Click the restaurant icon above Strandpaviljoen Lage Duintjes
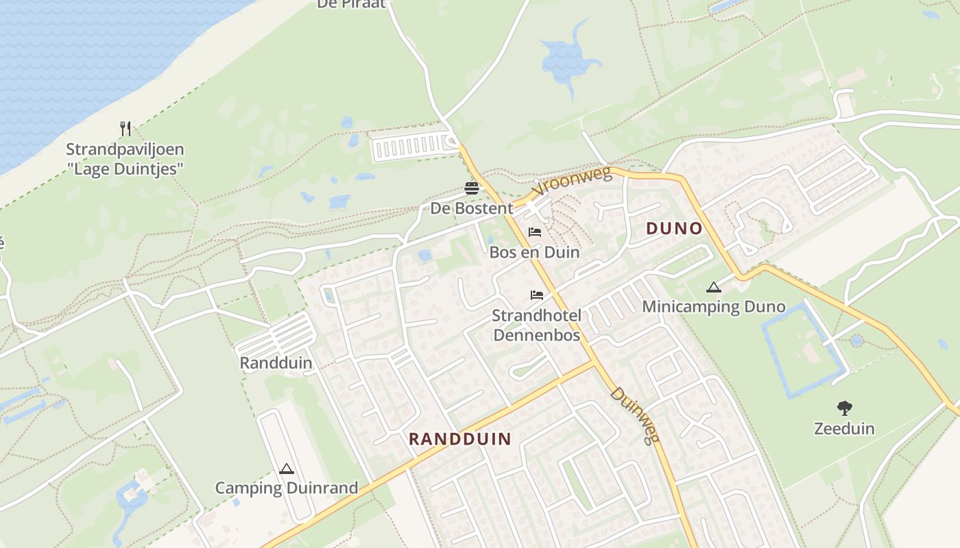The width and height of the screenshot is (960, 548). click(125, 128)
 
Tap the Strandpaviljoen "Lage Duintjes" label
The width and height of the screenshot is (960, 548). click(125, 159)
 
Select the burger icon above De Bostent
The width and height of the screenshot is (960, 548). click(472, 188)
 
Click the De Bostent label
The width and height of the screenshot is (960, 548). click(472, 208)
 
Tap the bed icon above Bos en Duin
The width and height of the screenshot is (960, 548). click(535, 232)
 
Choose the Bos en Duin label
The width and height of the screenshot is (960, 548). click(534, 252)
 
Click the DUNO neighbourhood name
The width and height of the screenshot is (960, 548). click(675, 229)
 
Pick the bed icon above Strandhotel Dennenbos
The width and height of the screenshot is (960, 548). click(537, 295)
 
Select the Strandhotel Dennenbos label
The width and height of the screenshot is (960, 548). click(537, 325)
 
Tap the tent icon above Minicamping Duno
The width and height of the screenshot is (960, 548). click(714, 287)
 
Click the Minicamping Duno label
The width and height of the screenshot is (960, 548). click(714, 306)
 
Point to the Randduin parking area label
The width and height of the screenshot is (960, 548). click(276, 363)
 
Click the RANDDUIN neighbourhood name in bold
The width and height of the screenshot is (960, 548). click(460, 439)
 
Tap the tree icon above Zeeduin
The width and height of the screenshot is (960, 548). click(844, 408)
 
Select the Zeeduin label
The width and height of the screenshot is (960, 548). click(844, 429)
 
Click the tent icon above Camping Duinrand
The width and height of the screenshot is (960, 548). click(287, 469)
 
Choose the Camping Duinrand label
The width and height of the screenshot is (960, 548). click(287, 488)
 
